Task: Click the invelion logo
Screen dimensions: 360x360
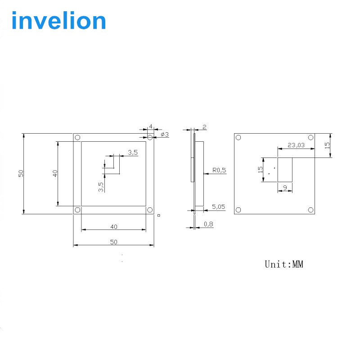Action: coord(58,21)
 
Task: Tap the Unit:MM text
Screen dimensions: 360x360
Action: coord(283,264)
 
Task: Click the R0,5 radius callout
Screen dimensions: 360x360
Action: coord(219,171)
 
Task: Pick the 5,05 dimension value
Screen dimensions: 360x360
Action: coord(218,207)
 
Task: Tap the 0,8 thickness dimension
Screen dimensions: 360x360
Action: coord(208,224)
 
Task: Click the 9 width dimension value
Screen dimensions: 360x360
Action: coord(284,187)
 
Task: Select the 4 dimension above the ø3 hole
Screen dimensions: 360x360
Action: coord(150,126)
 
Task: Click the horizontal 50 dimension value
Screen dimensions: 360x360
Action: coord(113,242)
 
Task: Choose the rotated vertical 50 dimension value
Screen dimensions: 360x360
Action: coord(21,173)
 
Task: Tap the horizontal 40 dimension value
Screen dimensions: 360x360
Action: coord(113,226)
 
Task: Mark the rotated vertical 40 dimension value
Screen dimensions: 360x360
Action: coord(55,173)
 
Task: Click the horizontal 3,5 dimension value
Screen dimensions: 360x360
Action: coord(133,153)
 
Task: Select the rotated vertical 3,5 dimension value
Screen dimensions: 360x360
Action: coord(101,186)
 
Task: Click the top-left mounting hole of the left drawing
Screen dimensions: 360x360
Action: coord(77,137)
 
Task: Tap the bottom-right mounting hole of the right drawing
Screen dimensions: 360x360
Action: coord(310,210)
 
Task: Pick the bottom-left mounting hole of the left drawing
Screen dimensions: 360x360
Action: coord(77,210)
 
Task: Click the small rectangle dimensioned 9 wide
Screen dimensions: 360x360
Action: coord(285,169)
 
